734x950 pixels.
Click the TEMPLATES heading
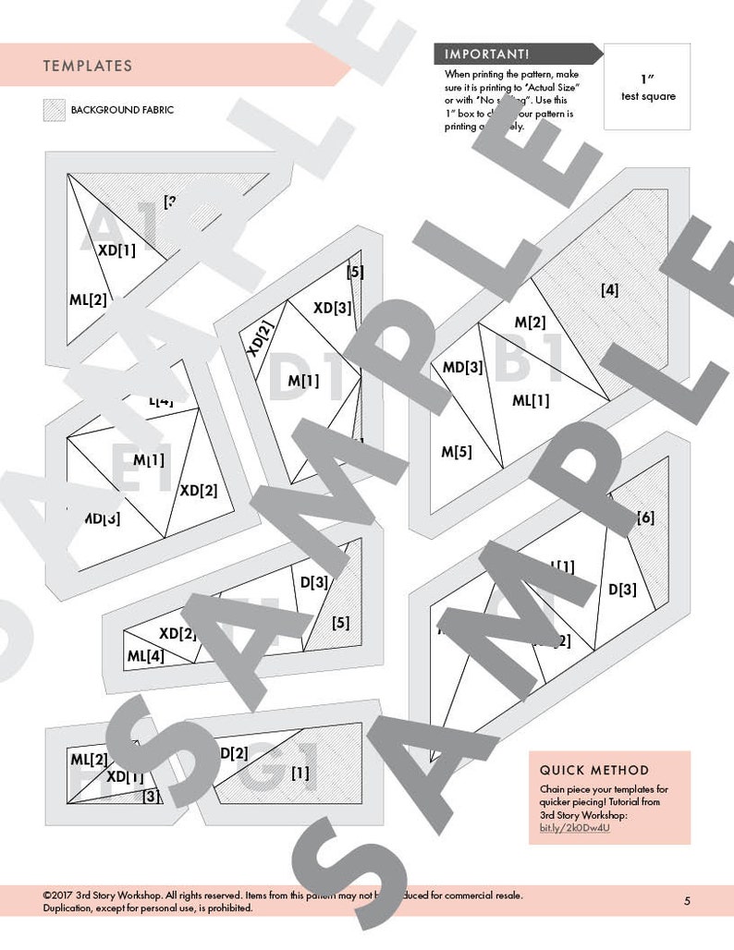tap(87, 67)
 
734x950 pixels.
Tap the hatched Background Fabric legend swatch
tap(54, 110)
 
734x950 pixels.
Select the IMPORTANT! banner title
tap(487, 55)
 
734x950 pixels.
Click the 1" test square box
tap(646, 87)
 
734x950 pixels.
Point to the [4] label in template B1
tap(609, 290)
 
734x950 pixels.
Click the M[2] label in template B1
tap(530, 322)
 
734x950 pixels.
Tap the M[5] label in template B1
tap(456, 452)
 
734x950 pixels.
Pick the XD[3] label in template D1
tap(332, 308)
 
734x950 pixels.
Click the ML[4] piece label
tap(145, 657)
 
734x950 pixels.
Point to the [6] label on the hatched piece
tap(645, 518)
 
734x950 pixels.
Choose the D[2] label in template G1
tap(233, 753)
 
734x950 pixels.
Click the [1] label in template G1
tap(300, 773)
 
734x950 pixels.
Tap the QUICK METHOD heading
tap(594, 770)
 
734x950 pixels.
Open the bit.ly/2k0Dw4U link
tap(574, 827)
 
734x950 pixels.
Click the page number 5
tap(687, 901)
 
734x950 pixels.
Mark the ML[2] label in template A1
tap(88, 298)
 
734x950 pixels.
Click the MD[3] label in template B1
tap(462, 367)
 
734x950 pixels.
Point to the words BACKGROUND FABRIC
tap(122, 110)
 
